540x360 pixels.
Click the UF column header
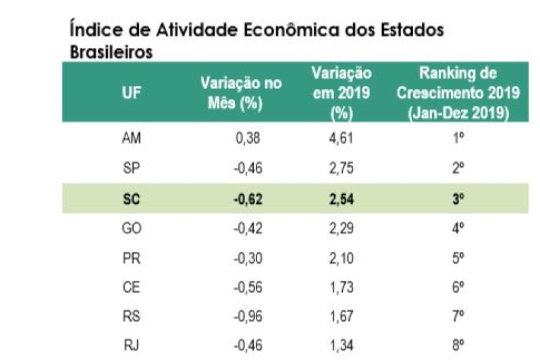pyautogui.click(x=132, y=93)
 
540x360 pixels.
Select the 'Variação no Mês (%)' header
pyautogui.click(x=241, y=93)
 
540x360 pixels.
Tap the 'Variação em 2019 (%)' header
pyautogui.click(x=342, y=93)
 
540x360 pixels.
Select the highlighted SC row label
pyautogui.click(x=132, y=199)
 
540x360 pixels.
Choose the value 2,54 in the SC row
pyautogui.click(x=342, y=199)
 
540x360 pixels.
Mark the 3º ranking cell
pyautogui.click(x=458, y=199)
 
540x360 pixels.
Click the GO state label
pyautogui.click(x=132, y=228)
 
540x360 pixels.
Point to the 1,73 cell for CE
pyautogui.click(x=342, y=287)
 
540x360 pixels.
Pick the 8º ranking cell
pyautogui.click(x=458, y=345)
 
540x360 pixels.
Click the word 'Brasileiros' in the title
pyautogui.click(x=111, y=51)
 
